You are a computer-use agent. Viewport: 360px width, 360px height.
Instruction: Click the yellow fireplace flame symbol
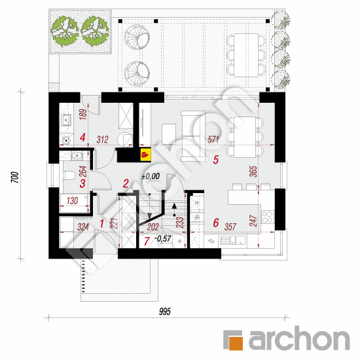pos(145,154)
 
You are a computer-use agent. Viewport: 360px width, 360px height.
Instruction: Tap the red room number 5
pos(215,160)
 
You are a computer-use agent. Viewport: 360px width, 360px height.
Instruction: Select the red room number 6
pos(216,223)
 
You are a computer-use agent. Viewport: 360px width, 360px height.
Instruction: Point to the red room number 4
pos(82,137)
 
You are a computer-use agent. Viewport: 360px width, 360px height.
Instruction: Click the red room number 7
pos(147,242)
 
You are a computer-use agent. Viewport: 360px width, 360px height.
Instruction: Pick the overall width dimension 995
pos(165,312)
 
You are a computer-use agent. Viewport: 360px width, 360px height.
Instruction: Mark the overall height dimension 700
pos(14,177)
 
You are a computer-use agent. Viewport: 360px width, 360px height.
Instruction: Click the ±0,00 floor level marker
pos(151,176)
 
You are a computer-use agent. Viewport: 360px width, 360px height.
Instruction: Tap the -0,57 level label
pos(163,239)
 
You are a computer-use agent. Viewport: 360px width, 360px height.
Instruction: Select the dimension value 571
pos(213,139)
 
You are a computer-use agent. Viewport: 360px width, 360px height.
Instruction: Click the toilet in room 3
pos(69,175)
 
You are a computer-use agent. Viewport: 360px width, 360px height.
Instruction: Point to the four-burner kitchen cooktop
pos(268,217)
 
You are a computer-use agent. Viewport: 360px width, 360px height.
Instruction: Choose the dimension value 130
pos(72,201)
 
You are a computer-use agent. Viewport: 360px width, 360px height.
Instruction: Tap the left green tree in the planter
pos(65,31)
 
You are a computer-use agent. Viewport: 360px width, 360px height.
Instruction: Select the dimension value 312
pos(102,139)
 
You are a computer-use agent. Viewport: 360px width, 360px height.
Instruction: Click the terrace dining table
pos(246,55)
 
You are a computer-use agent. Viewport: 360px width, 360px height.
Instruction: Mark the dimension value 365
pos(253,171)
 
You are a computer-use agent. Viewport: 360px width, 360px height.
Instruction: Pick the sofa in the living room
pos(193,136)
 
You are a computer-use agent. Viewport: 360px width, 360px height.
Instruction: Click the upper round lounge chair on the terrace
pos(137,37)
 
